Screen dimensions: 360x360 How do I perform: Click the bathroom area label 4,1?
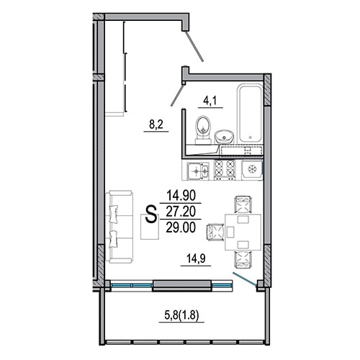tap(210, 102)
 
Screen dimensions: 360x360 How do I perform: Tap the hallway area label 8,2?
tap(156, 125)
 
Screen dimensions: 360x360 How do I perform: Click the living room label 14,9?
tap(196, 259)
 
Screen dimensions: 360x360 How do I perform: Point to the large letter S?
tap(151, 215)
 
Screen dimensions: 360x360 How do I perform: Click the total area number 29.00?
tap(181, 228)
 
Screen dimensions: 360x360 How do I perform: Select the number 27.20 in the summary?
tap(181, 212)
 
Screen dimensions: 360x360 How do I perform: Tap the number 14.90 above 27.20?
tap(181, 195)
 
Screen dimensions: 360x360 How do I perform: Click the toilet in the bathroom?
tap(204, 130)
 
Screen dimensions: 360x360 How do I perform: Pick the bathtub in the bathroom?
tap(250, 113)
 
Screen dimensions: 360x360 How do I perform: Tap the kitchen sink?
tap(198, 171)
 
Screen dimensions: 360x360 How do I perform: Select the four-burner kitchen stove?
tap(225, 170)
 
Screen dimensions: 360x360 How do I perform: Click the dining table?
tap(243, 233)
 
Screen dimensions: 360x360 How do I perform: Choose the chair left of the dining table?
tap(215, 232)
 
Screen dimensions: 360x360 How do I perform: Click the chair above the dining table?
tap(243, 204)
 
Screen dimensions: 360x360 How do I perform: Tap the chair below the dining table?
tap(243, 259)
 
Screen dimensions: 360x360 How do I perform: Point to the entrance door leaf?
tap(194, 46)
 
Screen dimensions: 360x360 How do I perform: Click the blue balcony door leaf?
tap(245, 279)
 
